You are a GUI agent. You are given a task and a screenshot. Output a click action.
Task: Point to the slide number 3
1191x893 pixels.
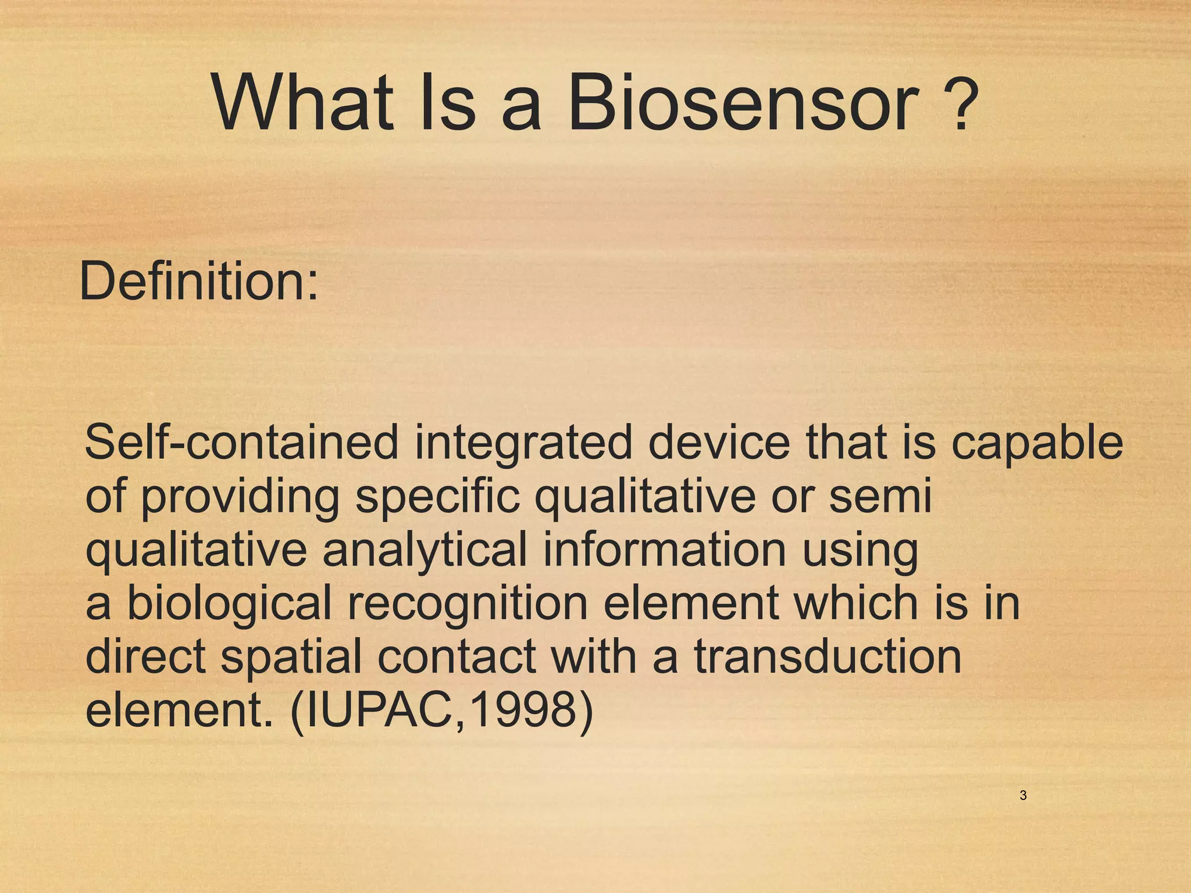coord(1023,795)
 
